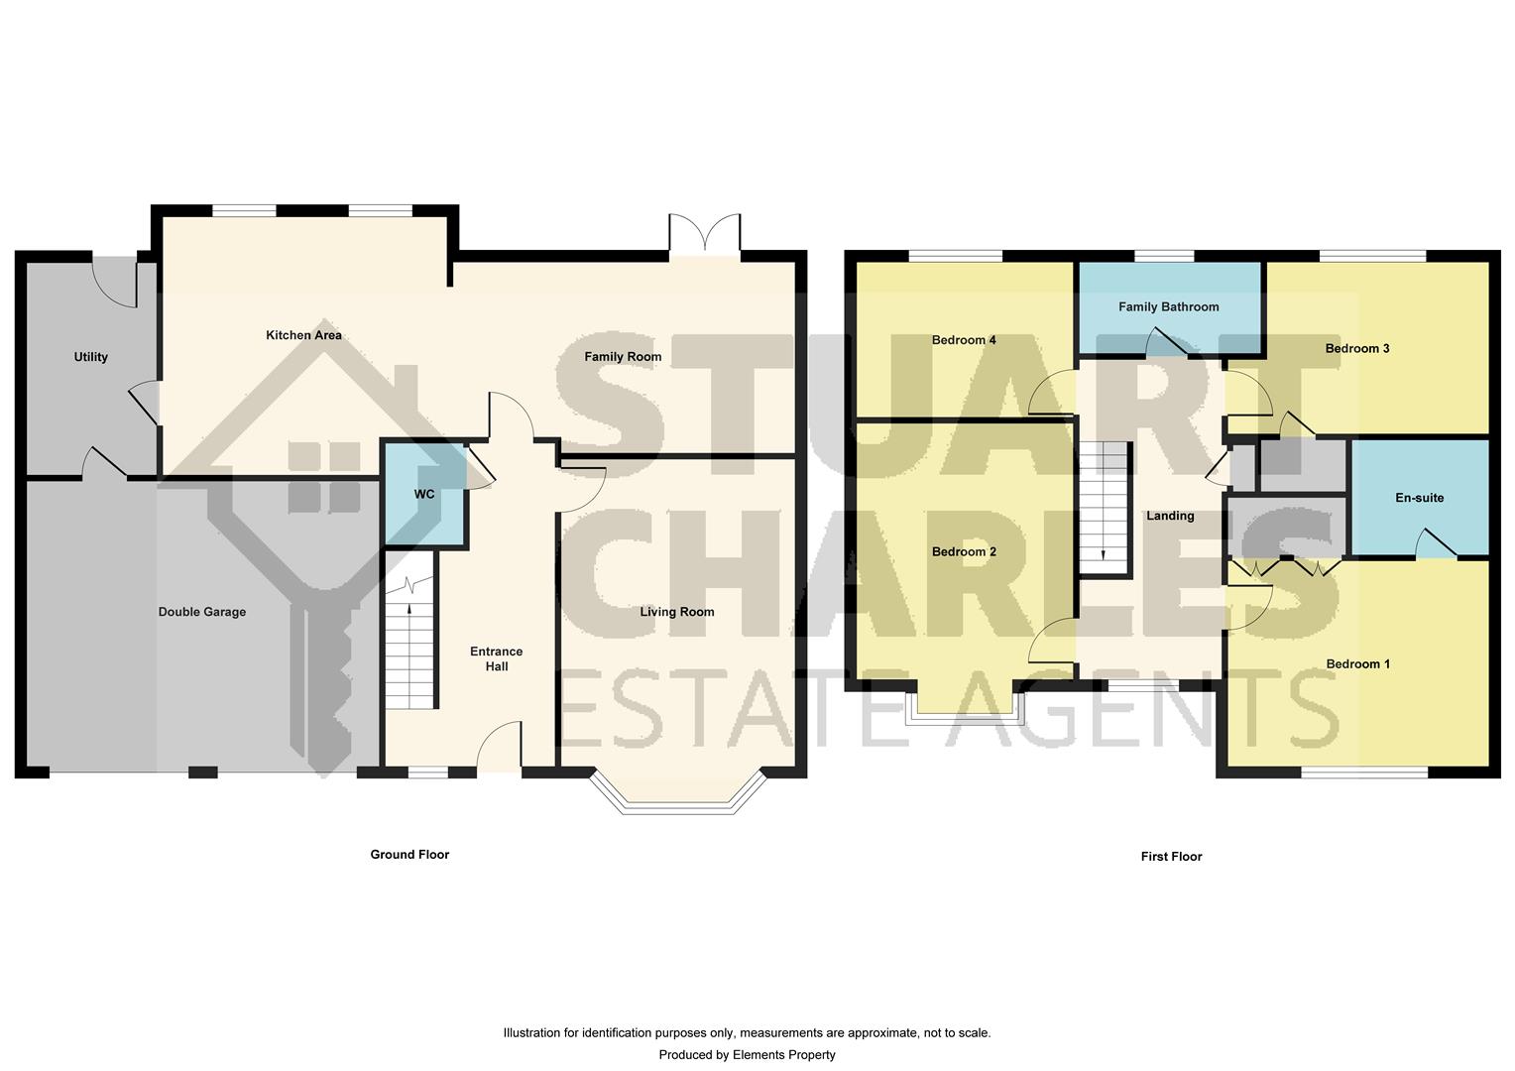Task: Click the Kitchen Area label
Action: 303,335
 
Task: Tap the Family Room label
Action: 622,357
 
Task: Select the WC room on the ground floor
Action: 424,494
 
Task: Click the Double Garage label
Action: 202,612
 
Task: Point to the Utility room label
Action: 90,357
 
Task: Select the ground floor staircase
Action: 410,645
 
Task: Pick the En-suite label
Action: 1419,498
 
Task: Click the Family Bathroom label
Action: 1168,307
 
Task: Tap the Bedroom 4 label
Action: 964,340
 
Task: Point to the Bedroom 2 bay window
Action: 964,704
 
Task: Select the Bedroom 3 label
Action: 1356,348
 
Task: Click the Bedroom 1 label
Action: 1357,664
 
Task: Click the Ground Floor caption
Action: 409,855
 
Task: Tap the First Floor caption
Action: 1171,857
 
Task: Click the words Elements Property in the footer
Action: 783,1055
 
